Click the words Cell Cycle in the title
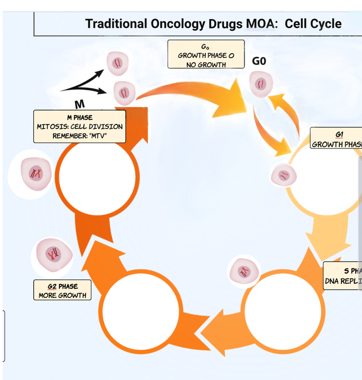click(313, 24)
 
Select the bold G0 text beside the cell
click(259, 61)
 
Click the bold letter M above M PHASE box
click(80, 104)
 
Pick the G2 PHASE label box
click(62, 290)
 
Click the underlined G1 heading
click(339, 135)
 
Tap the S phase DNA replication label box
click(343, 276)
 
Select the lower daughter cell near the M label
click(124, 93)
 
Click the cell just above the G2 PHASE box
click(52, 254)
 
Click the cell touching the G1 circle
click(283, 176)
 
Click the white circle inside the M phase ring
click(98, 176)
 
